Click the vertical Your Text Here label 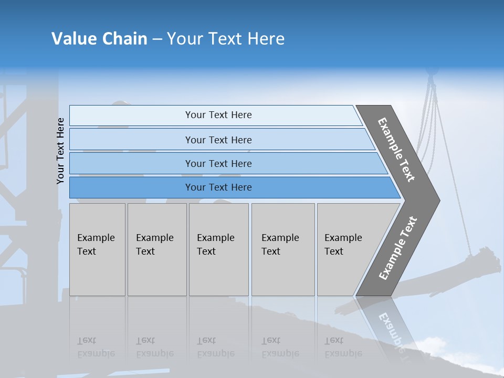point(60,151)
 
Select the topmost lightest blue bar point(218,115)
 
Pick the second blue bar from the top point(218,140)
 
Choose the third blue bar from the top point(218,163)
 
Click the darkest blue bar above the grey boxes point(218,187)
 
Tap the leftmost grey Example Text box point(97,249)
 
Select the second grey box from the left point(156,249)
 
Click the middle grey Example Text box point(218,249)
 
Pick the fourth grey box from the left point(282,249)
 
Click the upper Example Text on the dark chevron point(396,150)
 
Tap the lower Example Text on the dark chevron point(398,248)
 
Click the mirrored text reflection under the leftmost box point(96,347)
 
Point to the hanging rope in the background point(444,157)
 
